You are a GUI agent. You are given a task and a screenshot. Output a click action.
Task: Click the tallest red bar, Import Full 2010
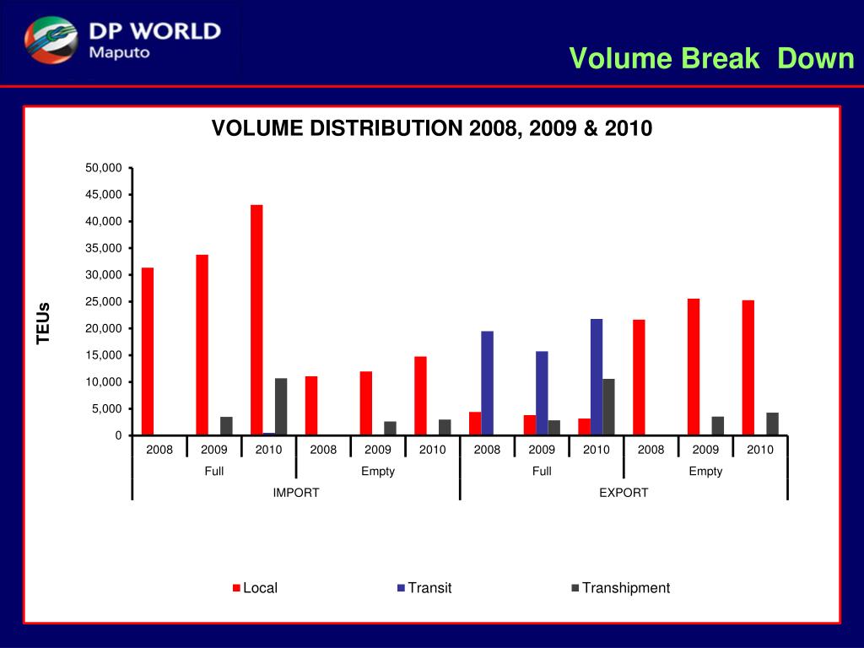256,320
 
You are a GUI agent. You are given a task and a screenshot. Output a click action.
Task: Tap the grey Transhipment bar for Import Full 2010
281,407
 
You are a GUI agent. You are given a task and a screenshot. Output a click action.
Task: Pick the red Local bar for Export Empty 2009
694,367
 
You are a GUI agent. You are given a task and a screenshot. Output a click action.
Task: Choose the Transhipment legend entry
621,588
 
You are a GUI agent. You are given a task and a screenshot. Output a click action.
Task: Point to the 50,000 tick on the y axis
104,168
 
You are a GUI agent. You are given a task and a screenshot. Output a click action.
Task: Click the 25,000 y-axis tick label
104,301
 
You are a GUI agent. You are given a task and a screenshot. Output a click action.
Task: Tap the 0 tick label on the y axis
119,435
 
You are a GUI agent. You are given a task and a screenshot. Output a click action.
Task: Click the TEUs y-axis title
44,323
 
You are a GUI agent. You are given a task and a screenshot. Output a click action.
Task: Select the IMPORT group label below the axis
296,493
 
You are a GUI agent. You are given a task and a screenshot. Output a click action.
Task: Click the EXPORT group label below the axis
624,493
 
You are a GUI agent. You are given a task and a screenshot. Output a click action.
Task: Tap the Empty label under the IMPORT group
378,472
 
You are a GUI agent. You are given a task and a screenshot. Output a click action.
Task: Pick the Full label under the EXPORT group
542,472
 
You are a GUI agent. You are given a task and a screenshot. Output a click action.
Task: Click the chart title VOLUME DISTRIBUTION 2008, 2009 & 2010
432,129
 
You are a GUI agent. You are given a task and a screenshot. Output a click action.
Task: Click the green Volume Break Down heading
711,58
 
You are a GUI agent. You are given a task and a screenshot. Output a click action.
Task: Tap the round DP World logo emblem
51,41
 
